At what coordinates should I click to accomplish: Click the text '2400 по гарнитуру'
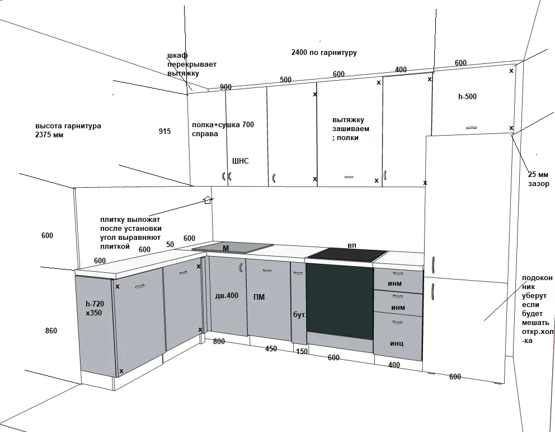[324, 52]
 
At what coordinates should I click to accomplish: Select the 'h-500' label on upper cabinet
[467, 96]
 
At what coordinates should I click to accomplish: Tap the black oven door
[340, 301]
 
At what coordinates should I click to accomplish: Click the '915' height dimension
[164, 131]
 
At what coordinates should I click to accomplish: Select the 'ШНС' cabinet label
[241, 161]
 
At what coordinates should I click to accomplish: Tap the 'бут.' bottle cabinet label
[299, 315]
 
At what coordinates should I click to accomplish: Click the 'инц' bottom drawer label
[397, 343]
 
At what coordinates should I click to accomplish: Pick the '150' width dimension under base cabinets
[302, 351]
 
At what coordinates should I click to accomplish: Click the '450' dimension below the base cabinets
[271, 349]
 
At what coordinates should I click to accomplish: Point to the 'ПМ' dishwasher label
[258, 297]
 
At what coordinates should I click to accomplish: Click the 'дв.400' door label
[227, 295]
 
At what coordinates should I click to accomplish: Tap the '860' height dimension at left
[51, 331]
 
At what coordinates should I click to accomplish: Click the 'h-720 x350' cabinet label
[95, 308]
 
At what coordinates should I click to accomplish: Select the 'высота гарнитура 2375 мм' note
[68, 131]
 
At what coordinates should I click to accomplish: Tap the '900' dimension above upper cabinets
[225, 87]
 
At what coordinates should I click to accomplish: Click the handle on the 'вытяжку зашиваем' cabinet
[349, 177]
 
